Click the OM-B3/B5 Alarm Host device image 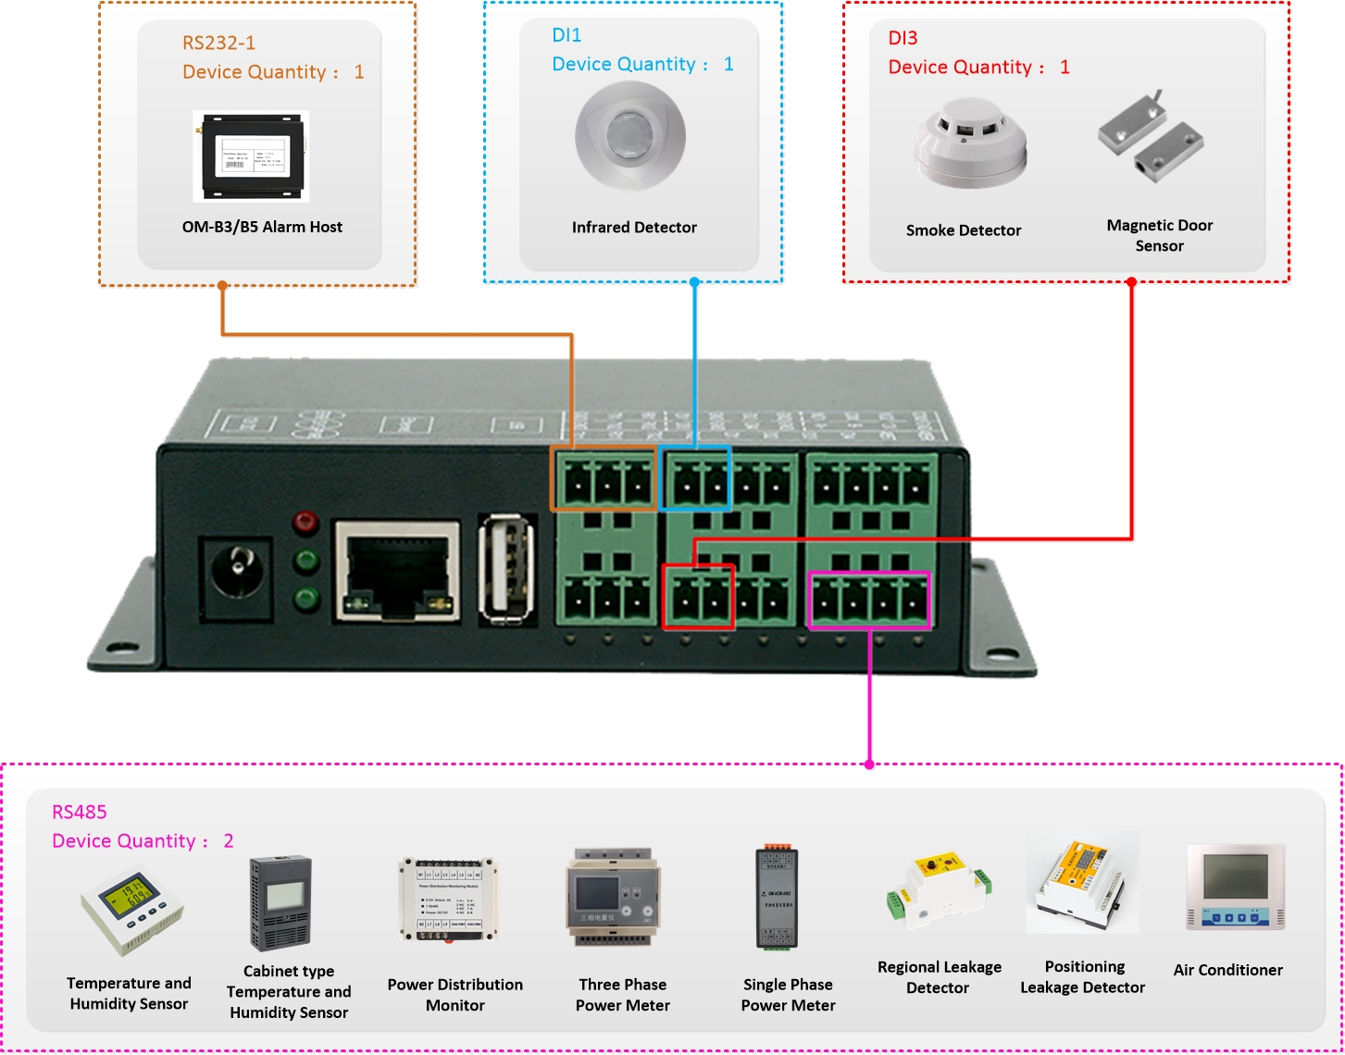251,156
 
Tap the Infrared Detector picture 630,136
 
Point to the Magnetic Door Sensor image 1151,135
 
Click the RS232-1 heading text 218,43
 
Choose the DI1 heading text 567,35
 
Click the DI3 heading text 903,38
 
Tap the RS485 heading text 80,812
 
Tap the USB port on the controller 506,566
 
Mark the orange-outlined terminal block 604,478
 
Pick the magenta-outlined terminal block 869,601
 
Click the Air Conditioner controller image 1235,887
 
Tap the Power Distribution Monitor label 455,995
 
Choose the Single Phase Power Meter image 777,898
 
